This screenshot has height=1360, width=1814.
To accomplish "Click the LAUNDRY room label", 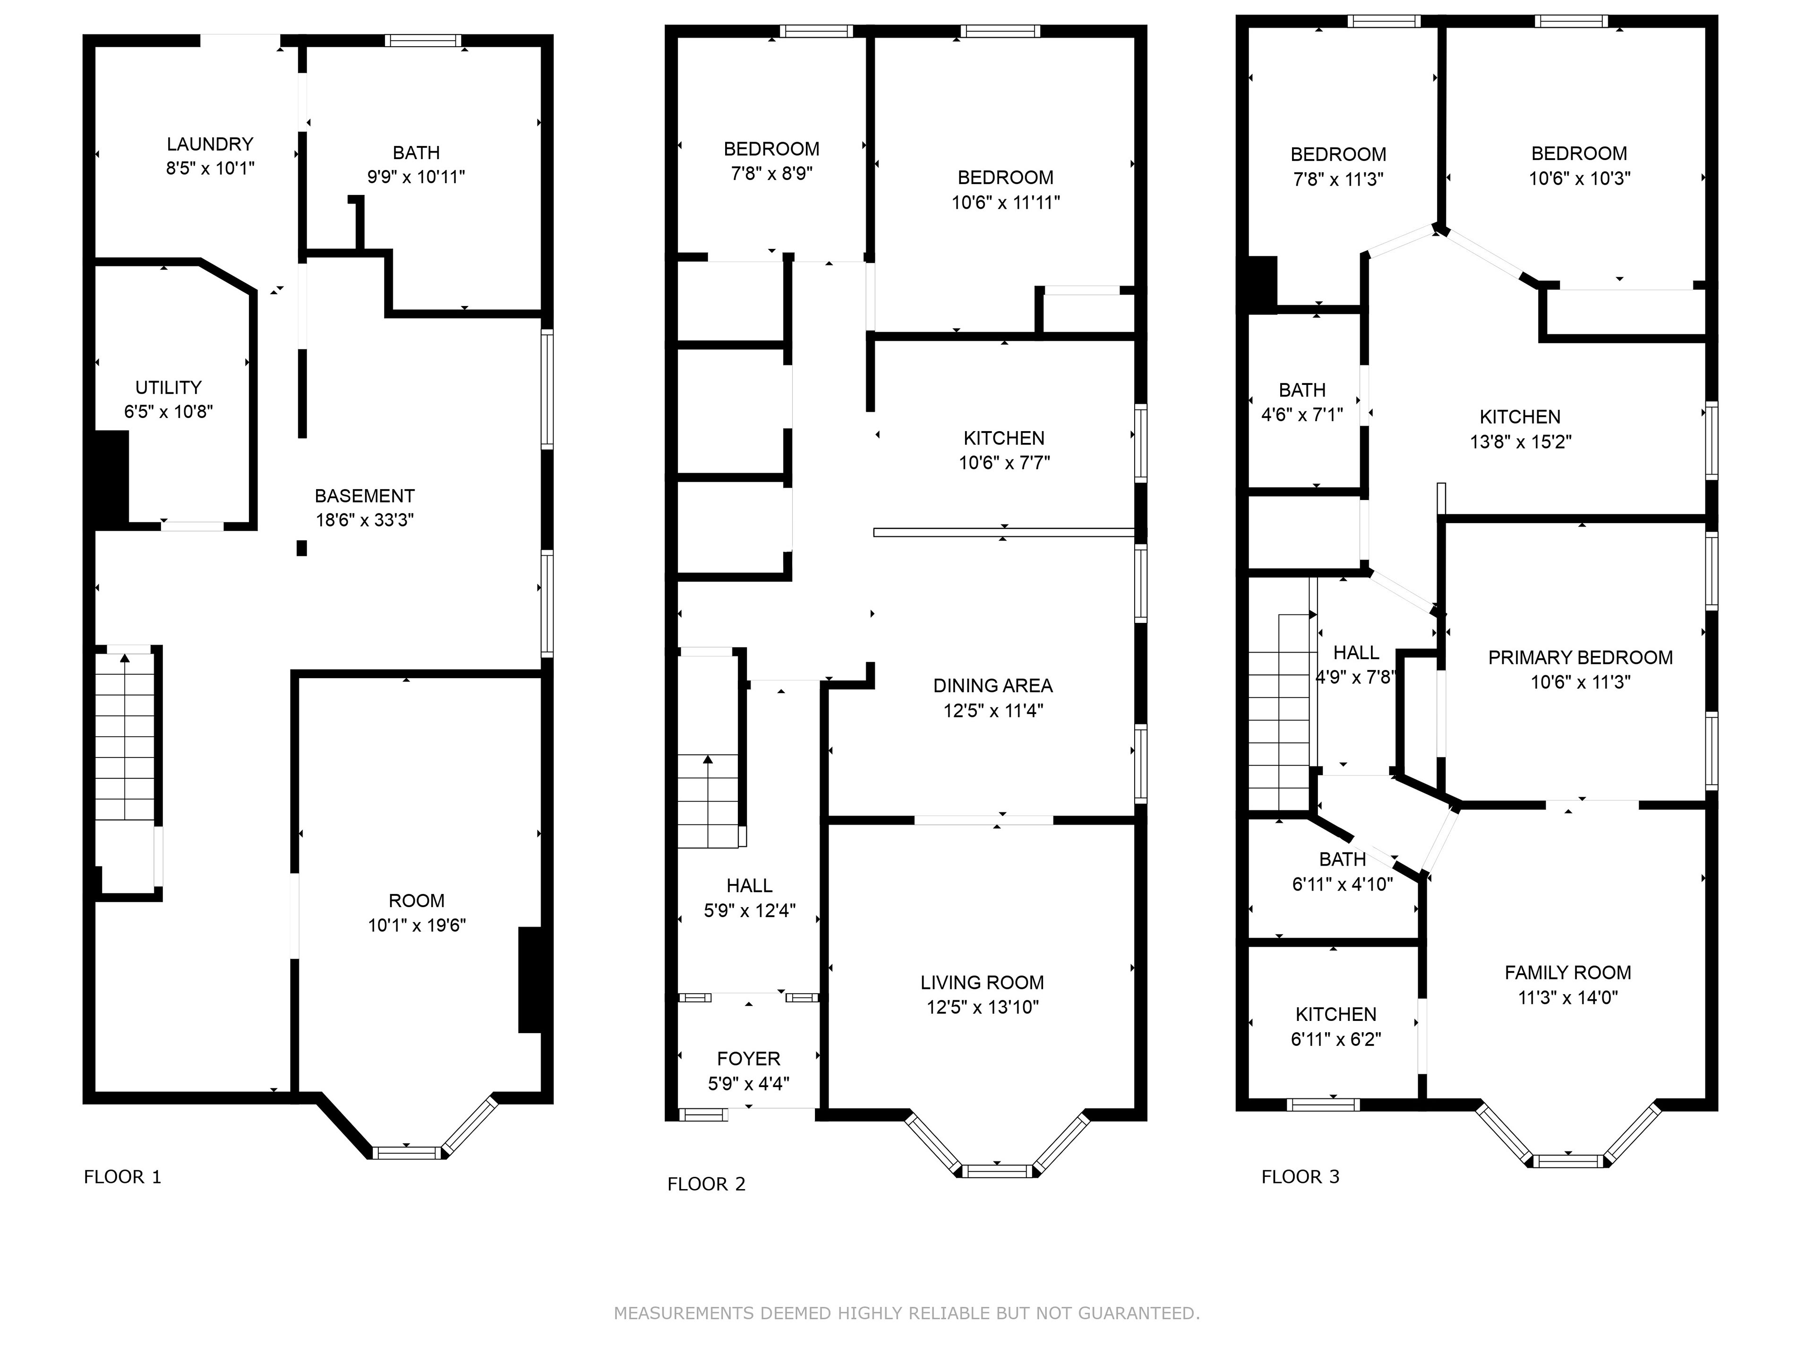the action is tap(210, 144).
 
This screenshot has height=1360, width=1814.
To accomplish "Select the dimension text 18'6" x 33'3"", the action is tap(365, 520).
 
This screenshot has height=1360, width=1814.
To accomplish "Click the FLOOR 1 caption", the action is tap(123, 1177).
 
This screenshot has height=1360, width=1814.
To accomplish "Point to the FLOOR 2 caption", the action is tap(706, 1184).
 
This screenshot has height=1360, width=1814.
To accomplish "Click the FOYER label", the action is tap(749, 1059).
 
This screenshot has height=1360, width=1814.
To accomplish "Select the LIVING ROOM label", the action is tap(983, 983).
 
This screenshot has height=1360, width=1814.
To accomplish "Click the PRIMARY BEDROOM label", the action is tap(1580, 657).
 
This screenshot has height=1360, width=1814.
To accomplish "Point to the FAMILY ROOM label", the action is tap(1568, 973).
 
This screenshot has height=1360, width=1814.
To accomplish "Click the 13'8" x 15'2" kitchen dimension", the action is tap(1521, 442).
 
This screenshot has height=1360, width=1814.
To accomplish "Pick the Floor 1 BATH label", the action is tap(417, 153).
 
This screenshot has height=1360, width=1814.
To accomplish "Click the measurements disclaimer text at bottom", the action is tap(907, 1313).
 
